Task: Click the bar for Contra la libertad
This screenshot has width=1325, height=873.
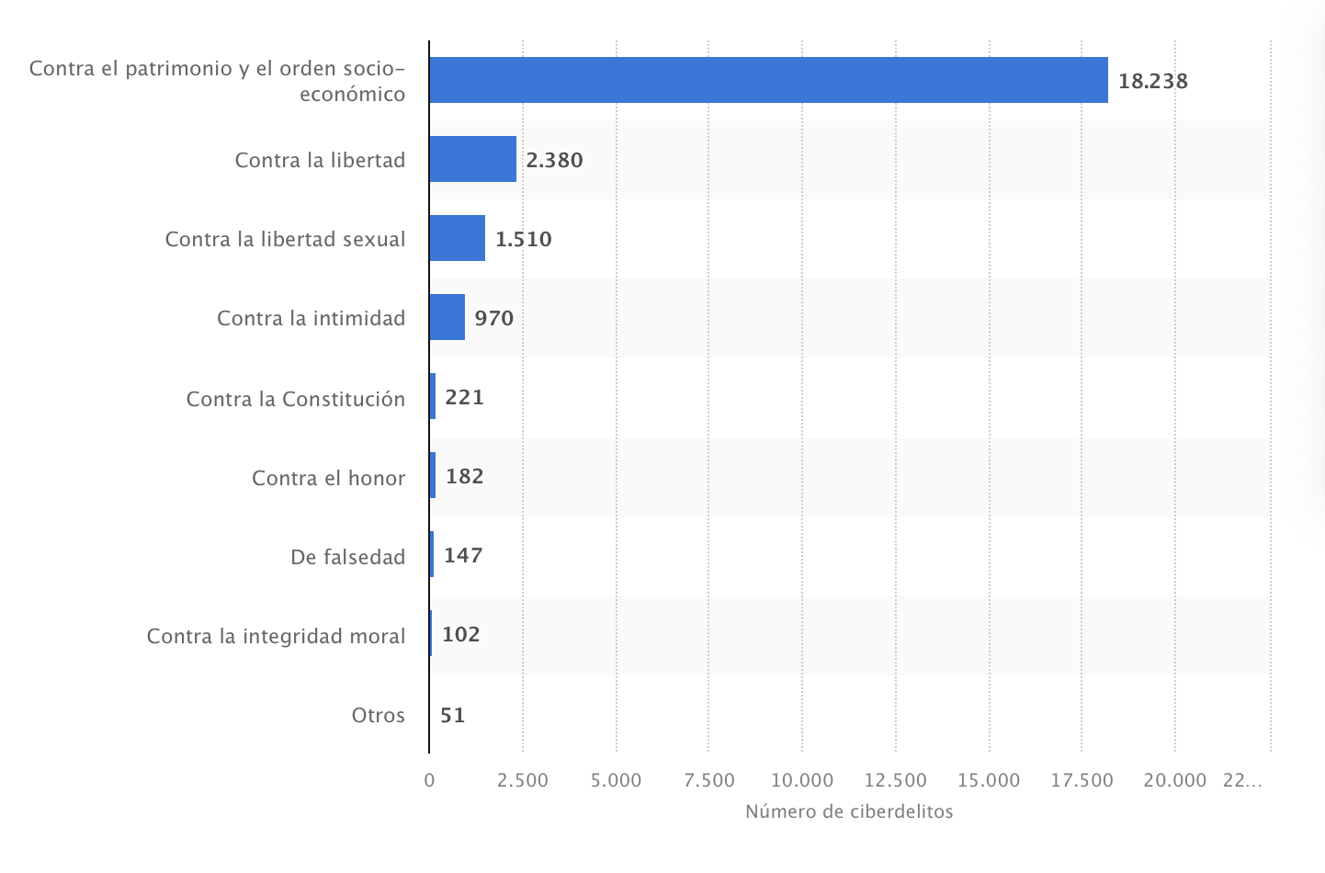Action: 472,159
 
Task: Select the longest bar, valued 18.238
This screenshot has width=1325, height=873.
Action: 768,80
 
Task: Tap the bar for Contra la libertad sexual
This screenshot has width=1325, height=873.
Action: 457,238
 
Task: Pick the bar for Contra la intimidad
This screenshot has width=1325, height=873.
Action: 447,317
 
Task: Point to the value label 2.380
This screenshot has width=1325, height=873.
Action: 554,160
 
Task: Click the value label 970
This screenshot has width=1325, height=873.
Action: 493,318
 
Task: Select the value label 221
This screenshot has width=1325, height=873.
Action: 464,397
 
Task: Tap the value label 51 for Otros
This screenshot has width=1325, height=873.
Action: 452,715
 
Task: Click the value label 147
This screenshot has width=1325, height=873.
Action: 463,555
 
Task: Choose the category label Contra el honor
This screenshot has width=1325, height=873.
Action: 328,478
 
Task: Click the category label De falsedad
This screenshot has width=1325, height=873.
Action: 347,557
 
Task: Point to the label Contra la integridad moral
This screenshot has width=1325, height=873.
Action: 276,636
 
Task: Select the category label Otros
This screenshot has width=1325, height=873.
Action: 378,715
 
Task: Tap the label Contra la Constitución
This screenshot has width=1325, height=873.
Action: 295,399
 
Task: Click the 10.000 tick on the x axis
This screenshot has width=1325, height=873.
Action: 802,781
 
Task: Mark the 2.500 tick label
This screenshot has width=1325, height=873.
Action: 522,781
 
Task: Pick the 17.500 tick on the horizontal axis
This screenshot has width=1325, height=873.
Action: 1082,781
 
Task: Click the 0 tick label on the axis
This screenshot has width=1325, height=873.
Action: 429,781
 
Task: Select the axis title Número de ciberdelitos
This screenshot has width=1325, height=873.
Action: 849,811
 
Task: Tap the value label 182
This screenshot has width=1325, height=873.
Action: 464,476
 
